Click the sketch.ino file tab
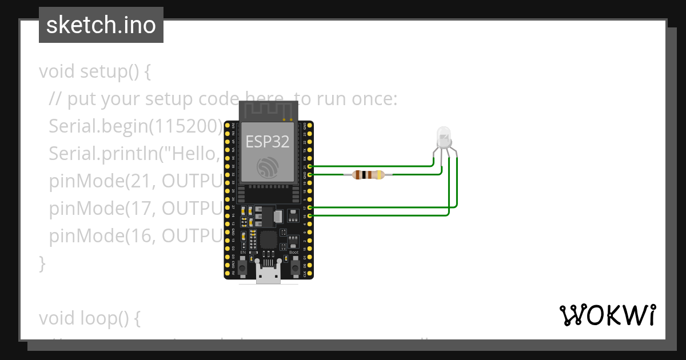[101, 25]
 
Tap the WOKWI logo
[607, 315]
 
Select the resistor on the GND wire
[368, 175]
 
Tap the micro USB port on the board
[268, 277]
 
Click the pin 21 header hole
[309, 166]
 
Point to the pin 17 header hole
[309, 207]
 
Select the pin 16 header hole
[309, 215]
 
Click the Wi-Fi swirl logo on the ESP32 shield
[268, 166]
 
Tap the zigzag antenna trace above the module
[268, 110]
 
